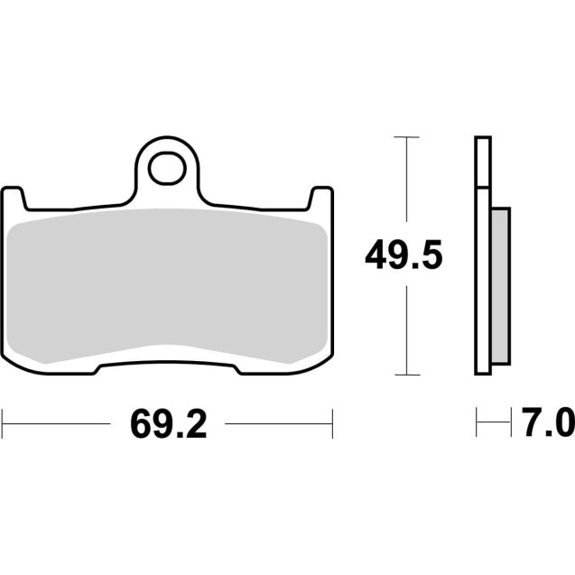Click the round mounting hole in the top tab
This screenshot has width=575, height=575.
(167, 166)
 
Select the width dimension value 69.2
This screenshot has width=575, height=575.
(168, 422)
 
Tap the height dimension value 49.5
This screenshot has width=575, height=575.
(403, 256)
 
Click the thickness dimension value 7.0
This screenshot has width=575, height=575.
(546, 422)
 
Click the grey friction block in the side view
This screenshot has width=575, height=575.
(500, 287)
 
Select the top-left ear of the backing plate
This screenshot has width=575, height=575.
(14, 198)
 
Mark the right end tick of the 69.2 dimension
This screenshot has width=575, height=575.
(333, 422)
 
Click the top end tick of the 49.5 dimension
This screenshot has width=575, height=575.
(407, 137)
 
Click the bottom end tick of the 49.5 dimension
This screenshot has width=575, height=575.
(407, 375)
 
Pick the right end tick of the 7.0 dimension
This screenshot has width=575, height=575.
(509, 422)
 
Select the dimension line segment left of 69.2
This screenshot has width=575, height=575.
(63, 422)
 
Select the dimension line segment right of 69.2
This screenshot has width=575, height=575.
(278, 422)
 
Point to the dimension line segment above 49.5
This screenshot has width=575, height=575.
(407, 185)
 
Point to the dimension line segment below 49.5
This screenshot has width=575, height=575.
(407, 329)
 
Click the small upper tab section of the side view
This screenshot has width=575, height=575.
(483, 162)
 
